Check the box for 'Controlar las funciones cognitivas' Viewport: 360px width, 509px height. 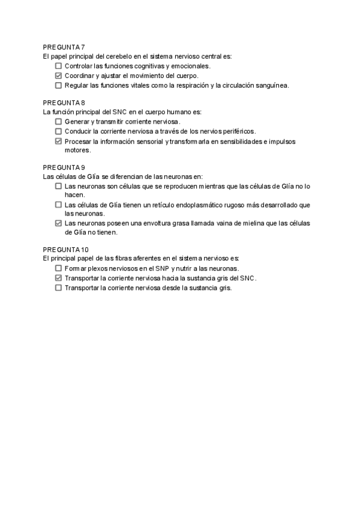(x=58, y=66)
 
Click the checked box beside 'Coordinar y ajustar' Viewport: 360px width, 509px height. (x=58, y=76)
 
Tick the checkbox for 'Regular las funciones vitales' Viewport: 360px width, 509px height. (x=58, y=85)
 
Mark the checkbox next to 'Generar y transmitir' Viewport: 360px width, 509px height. (x=58, y=122)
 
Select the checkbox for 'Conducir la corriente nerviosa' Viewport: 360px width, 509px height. (x=58, y=131)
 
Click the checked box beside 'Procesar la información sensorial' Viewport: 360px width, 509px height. (x=58, y=142)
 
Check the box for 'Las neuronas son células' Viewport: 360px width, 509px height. (x=58, y=187)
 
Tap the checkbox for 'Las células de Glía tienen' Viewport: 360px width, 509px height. (x=58, y=205)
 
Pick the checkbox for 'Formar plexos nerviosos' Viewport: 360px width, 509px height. (x=58, y=269)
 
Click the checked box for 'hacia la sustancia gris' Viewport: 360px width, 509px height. (x=58, y=279)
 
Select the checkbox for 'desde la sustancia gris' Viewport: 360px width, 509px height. (x=58, y=288)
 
